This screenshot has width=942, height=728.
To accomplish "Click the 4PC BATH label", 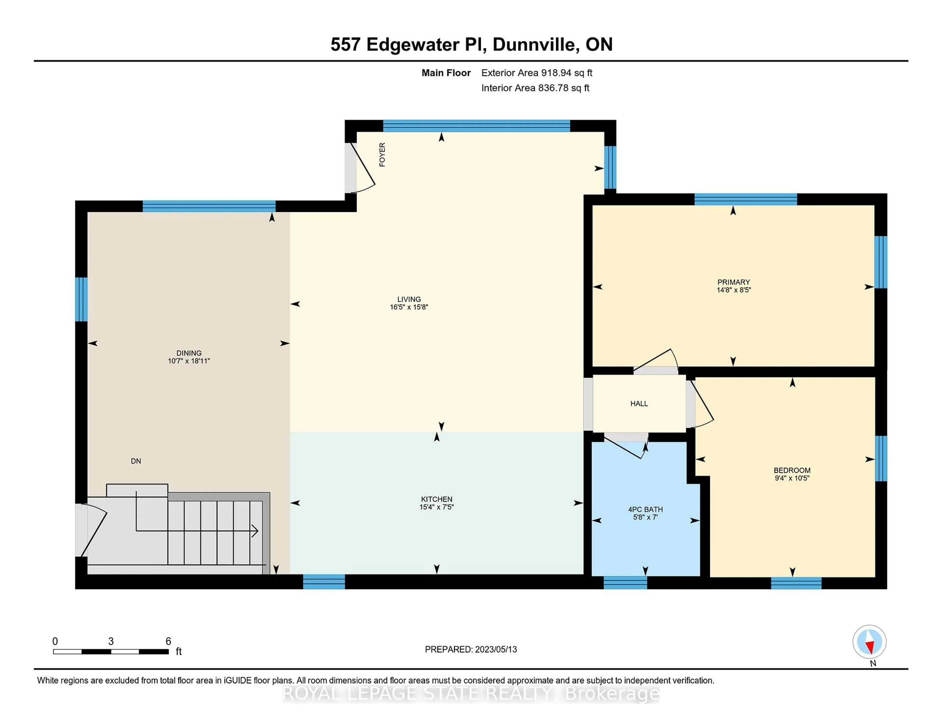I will point(645,509).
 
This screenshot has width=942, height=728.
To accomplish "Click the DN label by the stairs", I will point(136,461).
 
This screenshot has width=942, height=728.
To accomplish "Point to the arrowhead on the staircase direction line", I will point(255,531).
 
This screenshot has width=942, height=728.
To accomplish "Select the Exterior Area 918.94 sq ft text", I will point(536,73).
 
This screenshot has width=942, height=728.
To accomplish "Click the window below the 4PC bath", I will point(625,583).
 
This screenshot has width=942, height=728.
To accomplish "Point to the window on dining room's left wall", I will point(81,299).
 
